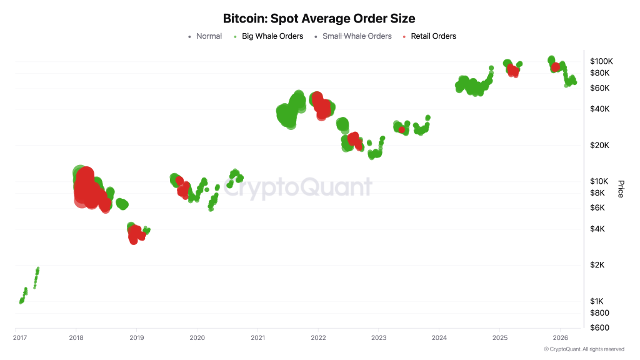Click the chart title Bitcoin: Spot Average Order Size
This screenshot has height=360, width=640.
(319, 19)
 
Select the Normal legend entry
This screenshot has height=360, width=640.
(209, 36)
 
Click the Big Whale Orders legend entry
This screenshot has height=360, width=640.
(272, 36)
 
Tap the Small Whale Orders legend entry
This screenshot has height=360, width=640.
(356, 36)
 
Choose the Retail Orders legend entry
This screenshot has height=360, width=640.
(433, 36)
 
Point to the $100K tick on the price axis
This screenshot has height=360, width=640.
(601, 61)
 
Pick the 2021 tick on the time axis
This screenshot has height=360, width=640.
(257, 337)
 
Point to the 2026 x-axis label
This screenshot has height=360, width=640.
(560, 337)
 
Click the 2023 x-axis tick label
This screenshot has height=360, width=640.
(379, 337)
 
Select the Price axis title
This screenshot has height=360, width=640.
(620, 189)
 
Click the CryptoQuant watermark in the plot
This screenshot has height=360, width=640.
(297, 187)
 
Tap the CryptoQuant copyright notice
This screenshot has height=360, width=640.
(583, 349)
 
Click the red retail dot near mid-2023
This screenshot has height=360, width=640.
(402, 130)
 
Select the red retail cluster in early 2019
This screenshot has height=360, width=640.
(134, 234)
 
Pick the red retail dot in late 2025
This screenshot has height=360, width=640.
(555, 67)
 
